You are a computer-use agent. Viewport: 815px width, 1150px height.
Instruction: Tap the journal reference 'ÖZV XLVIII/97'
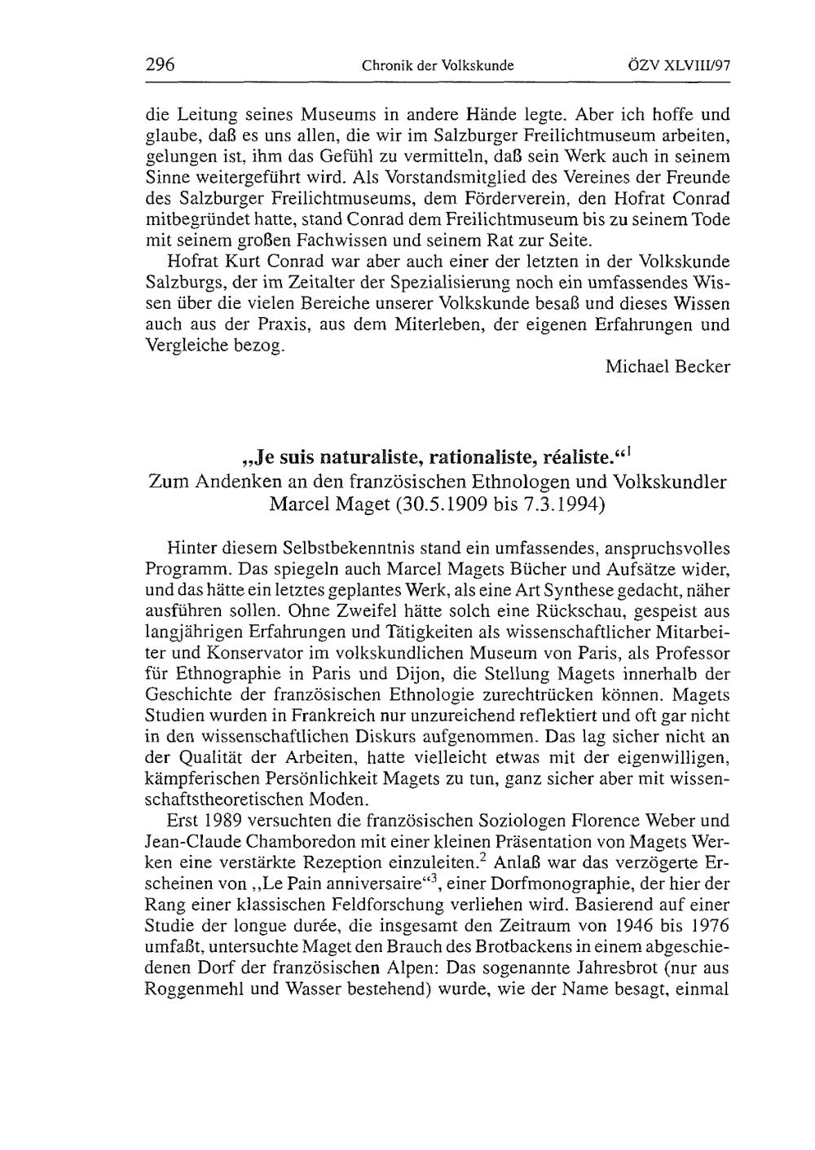pos(682,65)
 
